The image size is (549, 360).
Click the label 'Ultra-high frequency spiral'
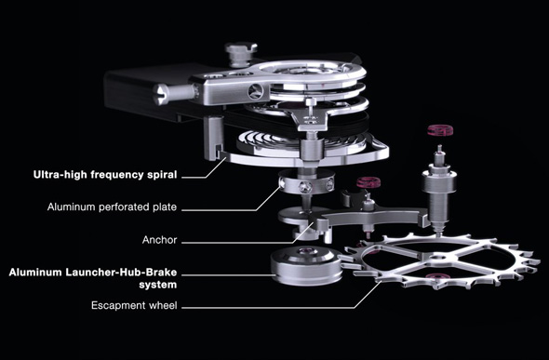click(x=105, y=175)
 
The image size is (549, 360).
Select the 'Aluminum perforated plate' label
click(x=112, y=207)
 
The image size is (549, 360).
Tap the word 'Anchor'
click(x=160, y=240)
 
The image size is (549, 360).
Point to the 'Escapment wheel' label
click(x=134, y=305)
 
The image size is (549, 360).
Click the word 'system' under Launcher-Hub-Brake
click(x=157, y=285)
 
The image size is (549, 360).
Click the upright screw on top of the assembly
click(x=240, y=54)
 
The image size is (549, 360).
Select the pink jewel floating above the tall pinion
click(x=440, y=130)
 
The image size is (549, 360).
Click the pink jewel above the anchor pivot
click(x=368, y=182)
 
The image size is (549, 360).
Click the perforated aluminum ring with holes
click(x=305, y=181)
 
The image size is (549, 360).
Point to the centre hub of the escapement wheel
click(x=435, y=258)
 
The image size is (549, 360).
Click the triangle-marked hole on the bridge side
click(x=255, y=92)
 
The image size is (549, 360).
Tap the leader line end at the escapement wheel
click(x=381, y=282)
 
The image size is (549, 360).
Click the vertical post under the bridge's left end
click(x=213, y=138)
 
